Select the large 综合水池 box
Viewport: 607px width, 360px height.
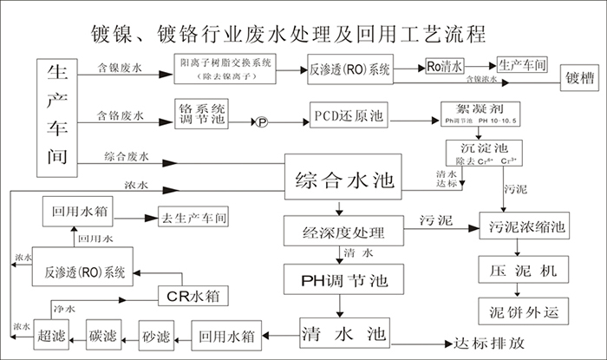pos(345,181)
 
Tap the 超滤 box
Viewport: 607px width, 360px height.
pos(49,332)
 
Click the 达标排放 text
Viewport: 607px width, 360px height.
pos(491,342)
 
